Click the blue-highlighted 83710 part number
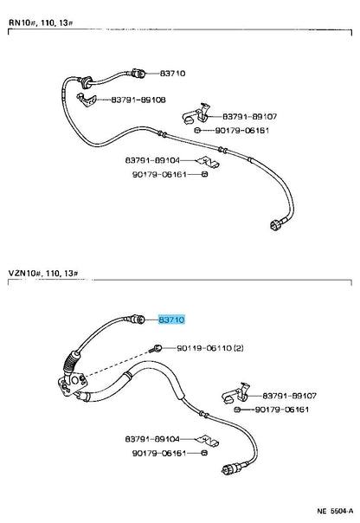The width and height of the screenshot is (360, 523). [170, 320]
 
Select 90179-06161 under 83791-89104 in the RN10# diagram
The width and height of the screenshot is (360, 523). [163, 174]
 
